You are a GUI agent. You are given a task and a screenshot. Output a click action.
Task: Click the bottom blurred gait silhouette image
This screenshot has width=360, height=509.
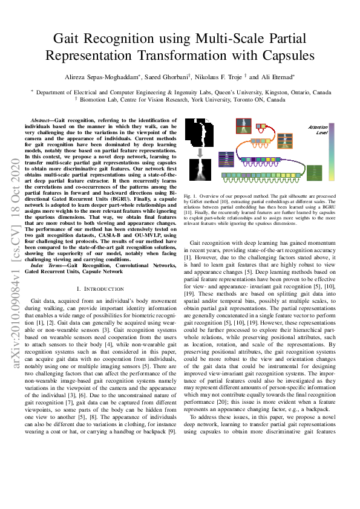pos(199,170)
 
